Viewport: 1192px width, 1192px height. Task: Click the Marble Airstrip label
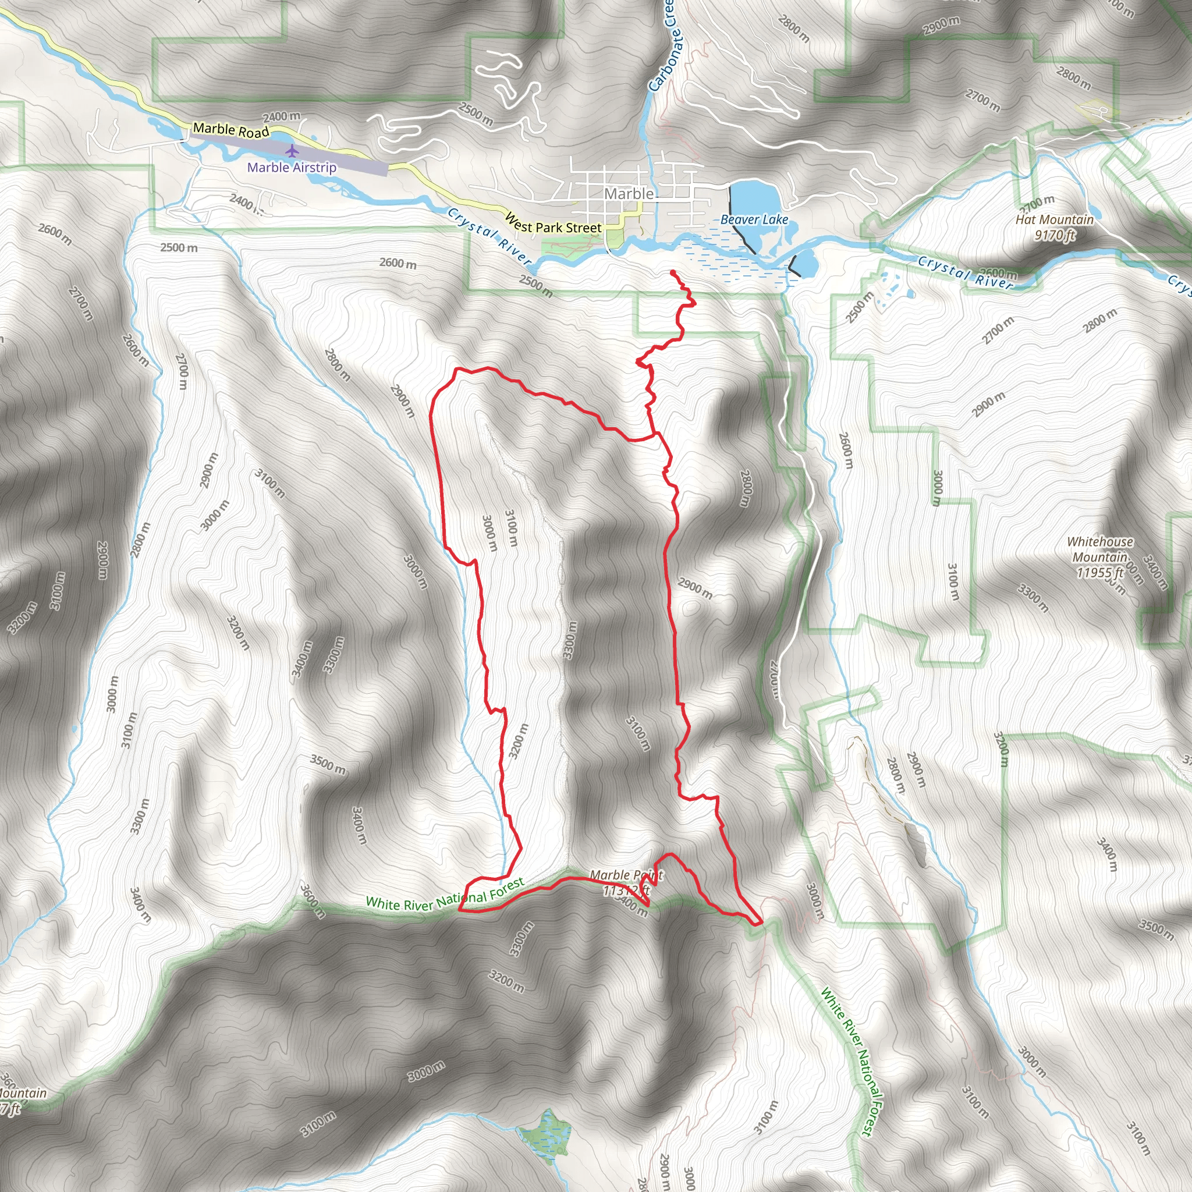click(292, 167)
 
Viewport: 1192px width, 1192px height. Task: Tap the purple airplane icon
click(292, 151)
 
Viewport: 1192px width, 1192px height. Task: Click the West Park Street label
click(553, 224)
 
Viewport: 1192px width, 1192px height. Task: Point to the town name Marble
click(629, 194)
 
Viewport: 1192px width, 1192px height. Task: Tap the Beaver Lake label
click(754, 219)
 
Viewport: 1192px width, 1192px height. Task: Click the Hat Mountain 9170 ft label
click(1055, 227)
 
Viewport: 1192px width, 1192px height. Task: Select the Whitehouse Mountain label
click(1100, 549)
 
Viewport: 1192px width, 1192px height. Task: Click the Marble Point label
click(626, 875)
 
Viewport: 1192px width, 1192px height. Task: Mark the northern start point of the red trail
click(671, 272)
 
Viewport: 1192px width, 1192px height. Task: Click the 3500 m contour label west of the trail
click(328, 765)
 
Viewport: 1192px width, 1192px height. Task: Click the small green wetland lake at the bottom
click(545, 1135)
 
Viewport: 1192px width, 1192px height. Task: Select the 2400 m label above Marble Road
click(281, 116)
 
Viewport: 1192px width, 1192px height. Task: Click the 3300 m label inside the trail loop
click(569, 640)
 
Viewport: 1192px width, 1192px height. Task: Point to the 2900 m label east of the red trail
click(695, 588)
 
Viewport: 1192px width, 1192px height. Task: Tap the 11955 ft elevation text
click(1100, 573)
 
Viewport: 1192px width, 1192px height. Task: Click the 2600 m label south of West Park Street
click(398, 264)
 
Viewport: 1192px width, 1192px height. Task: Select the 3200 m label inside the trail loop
click(518, 740)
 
